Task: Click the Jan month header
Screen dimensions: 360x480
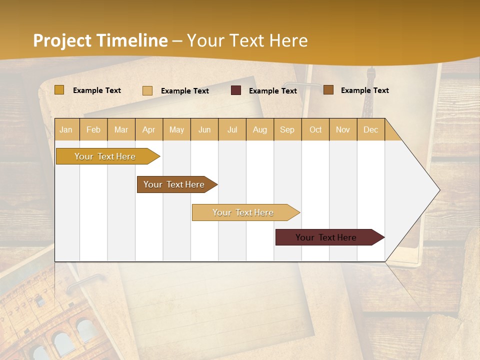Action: pos(66,130)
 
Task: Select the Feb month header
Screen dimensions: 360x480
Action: pos(93,130)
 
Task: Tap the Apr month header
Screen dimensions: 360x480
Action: pos(149,130)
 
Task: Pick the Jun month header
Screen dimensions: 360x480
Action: pos(204,130)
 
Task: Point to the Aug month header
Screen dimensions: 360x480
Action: pos(260,130)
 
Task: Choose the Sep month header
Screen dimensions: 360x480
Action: pos(287,130)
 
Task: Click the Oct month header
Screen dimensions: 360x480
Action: pos(315,130)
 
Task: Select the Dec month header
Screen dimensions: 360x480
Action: pos(371,130)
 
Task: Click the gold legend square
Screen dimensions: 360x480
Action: pos(59,90)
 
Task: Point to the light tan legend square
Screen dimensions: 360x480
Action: pos(147,90)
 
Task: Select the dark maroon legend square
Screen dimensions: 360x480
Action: pos(236,90)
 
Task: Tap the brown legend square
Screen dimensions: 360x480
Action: pos(328,90)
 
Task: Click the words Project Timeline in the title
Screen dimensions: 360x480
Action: pos(100,40)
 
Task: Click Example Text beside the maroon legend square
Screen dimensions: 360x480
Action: pos(273,91)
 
